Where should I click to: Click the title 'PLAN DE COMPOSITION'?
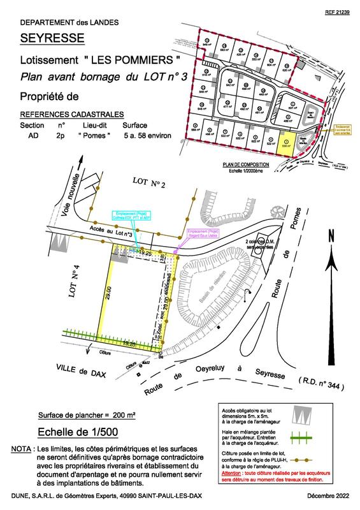pyautogui.click(x=245, y=164)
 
